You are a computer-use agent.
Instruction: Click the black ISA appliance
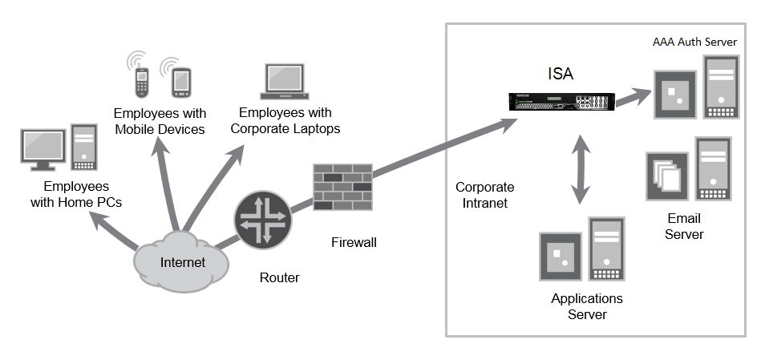(562, 101)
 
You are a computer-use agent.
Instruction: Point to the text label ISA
(561, 75)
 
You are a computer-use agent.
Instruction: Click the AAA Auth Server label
(694, 42)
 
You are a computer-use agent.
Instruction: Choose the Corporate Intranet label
(484, 195)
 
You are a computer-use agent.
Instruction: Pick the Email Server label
(684, 226)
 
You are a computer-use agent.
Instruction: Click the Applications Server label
(586, 306)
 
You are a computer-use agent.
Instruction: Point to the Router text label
(279, 278)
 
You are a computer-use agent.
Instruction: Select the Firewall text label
(353, 241)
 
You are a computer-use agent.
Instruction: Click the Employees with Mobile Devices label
(160, 121)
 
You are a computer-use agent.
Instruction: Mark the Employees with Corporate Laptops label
(285, 121)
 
